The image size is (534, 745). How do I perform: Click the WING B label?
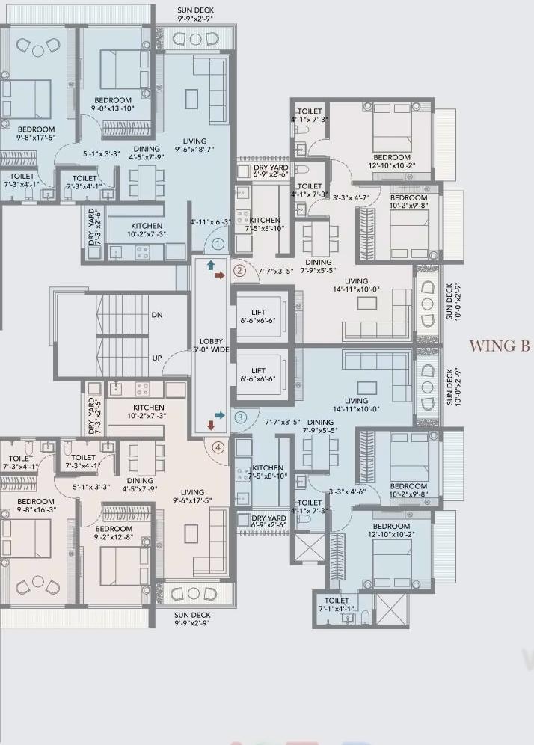point(500,346)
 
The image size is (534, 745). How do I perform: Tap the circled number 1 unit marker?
point(218,243)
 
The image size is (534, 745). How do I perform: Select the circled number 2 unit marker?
point(239,271)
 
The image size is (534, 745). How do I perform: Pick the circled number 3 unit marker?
point(240,417)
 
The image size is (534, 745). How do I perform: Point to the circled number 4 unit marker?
point(218,448)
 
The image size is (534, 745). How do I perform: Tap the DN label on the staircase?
point(157,316)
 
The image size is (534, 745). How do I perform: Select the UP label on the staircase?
point(157,358)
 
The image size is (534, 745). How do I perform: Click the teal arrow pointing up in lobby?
point(211,265)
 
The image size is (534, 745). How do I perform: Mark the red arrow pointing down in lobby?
point(211,426)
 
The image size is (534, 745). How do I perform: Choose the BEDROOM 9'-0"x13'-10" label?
point(113,105)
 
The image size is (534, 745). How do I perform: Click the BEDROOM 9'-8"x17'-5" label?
point(36,134)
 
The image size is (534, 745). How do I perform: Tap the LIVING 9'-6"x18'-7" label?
point(194,145)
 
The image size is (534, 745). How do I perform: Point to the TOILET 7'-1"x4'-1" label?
point(337,604)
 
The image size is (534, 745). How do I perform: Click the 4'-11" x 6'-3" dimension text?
point(211,222)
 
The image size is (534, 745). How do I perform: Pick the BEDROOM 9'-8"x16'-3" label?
point(36,506)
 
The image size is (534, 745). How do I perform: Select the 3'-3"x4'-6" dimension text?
point(347,492)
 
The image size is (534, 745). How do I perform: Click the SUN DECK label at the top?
point(195,13)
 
